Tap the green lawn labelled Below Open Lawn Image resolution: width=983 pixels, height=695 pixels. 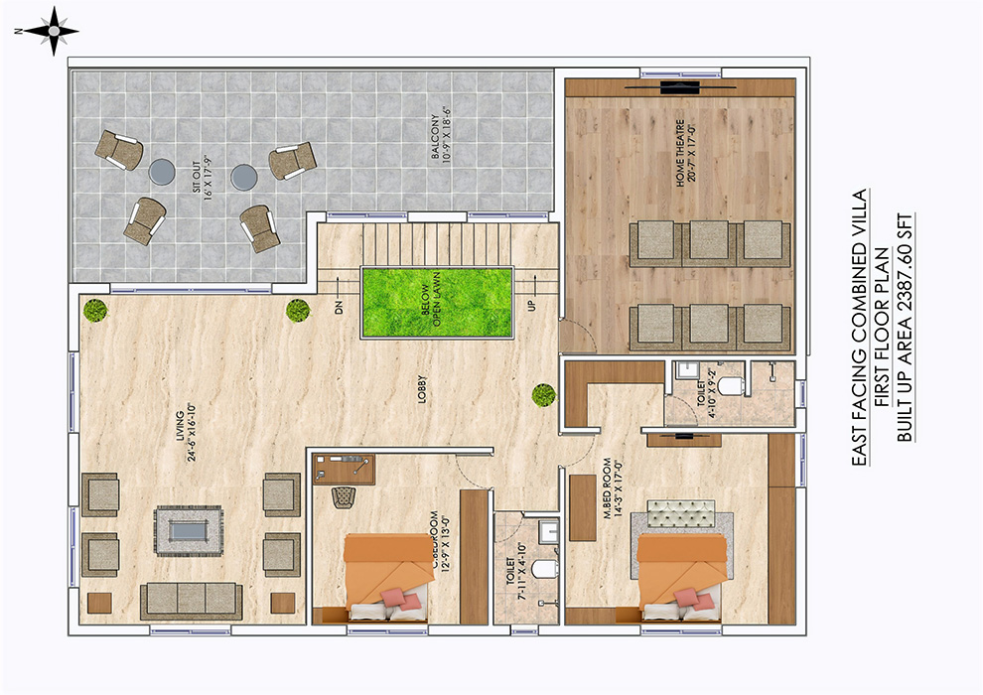click(436, 303)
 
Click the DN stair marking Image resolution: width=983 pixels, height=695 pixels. click(339, 308)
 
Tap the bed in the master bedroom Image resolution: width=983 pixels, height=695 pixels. click(682, 576)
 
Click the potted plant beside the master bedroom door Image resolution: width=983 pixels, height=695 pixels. click(542, 394)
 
